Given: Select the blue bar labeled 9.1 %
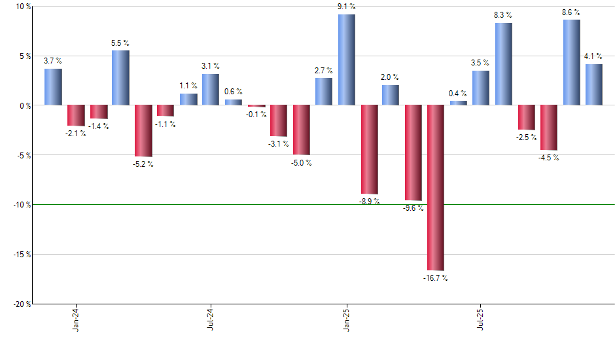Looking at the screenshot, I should tap(347, 60).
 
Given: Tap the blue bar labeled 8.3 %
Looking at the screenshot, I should tap(504, 64).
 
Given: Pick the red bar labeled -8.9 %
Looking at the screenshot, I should tap(369, 149).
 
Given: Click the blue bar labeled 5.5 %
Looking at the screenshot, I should tap(120, 78).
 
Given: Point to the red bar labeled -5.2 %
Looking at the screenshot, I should tap(143, 131).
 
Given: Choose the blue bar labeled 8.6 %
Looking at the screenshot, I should tap(571, 62).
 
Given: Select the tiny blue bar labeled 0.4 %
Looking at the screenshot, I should tap(459, 103).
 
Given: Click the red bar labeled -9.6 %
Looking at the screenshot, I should tap(413, 153).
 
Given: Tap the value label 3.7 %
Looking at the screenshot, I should tap(53, 61).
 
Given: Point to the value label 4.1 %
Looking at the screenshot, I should tap(594, 56).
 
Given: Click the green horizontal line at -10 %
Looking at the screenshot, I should tap(196, 204).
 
